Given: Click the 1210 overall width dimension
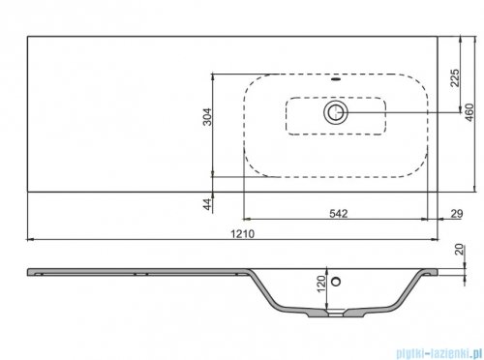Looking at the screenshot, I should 242,233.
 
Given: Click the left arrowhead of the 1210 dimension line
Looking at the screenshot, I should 29,239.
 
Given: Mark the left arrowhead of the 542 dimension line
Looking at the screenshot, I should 244,218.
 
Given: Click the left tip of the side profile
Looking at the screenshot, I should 28,270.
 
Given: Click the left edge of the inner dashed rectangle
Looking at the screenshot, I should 286,113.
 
